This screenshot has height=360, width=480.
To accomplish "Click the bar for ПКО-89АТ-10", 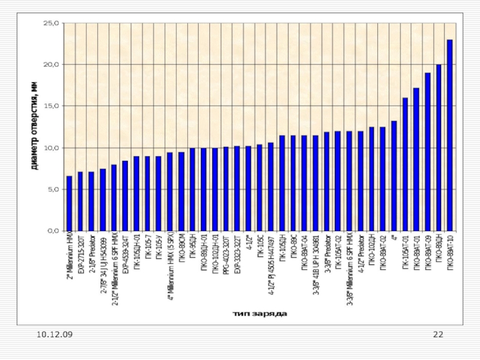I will (x=449, y=136).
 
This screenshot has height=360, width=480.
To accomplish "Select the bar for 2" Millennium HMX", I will (x=69, y=203).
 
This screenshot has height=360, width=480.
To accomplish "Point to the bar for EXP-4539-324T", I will (x=125, y=196).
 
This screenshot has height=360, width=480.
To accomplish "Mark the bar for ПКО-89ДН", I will (x=439, y=148).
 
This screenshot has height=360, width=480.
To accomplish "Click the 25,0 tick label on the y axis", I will (x=52, y=23).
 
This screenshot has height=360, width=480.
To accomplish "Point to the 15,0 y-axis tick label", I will (x=52, y=106).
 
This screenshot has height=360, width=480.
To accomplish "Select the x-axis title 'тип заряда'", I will (x=259, y=313).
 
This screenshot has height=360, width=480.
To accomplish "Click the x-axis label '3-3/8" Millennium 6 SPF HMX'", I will (x=349, y=271).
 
